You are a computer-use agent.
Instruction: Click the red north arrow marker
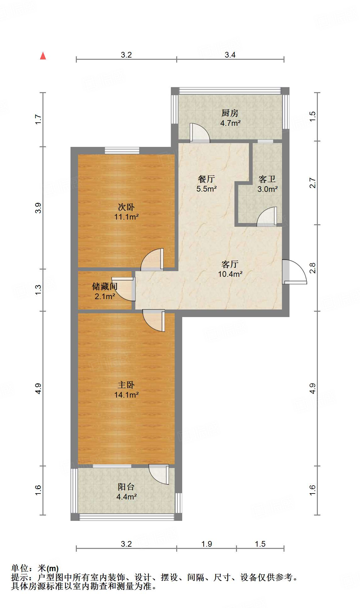tap(43, 56)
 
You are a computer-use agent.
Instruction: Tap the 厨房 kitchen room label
tap(230, 113)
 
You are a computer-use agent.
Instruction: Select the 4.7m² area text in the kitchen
tap(230, 123)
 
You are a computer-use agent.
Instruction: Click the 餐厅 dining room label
tap(206, 179)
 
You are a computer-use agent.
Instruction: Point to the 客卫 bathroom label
tap(267, 179)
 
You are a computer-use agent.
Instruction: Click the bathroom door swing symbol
tap(267, 217)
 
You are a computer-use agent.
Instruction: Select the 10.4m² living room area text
tap(230, 274)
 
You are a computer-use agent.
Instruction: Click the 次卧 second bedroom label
tap(126, 207)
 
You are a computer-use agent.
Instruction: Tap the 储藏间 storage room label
tap(104, 286)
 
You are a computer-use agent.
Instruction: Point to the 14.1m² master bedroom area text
tap(126, 395)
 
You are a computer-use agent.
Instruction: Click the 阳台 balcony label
tap(126, 487)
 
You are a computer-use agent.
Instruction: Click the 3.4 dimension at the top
tap(230, 55)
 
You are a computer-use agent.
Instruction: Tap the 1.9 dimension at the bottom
tap(206, 544)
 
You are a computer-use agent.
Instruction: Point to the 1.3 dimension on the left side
tap(38, 290)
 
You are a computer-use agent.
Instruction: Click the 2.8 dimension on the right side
tap(312, 268)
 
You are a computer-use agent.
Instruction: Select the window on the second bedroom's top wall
tap(122, 150)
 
